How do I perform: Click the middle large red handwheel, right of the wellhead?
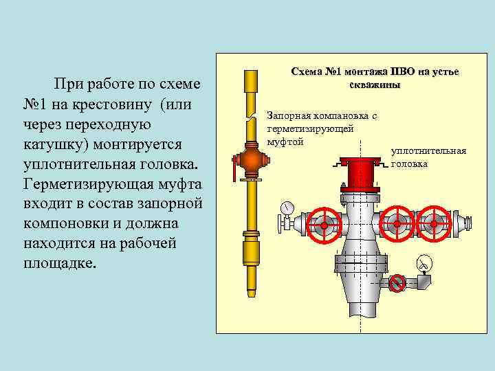tap(397, 224)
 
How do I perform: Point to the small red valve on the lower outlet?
tap(395, 282)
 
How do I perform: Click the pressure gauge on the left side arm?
tap(287, 207)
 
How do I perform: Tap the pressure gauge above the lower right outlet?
tap(424, 262)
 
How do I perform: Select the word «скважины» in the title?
tap(375, 84)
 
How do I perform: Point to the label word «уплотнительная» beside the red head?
tap(428, 151)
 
